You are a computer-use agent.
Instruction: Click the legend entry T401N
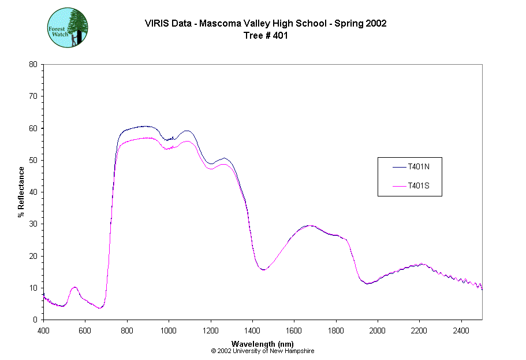(417, 167)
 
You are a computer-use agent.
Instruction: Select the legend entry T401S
(417, 186)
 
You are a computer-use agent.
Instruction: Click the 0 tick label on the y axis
(36, 320)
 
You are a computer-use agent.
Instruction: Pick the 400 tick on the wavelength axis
(43, 329)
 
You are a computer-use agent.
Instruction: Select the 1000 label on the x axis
(169, 329)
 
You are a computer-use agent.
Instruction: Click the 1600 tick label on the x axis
(294, 329)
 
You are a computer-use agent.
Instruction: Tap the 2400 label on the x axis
(461, 329)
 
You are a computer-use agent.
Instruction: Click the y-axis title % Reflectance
(21, 192)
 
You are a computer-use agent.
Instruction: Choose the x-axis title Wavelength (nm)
(263, 344)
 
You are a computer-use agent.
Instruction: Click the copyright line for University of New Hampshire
(263, 351)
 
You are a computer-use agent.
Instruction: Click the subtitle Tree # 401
(266, 35)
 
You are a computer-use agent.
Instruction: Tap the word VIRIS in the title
(156, 24)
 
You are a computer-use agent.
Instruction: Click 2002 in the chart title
(376, 24)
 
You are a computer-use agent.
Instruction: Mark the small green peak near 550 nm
(74, 287)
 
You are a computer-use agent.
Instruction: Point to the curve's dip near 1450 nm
(263, 269)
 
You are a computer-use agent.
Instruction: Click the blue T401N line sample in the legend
(399, 167)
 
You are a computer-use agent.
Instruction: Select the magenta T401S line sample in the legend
(399, 186)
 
